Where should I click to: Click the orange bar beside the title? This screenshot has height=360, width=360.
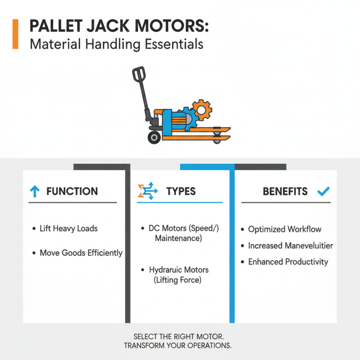(16, 34)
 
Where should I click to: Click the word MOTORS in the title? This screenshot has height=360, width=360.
(171, 27)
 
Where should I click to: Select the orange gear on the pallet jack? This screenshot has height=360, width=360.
(200, 110)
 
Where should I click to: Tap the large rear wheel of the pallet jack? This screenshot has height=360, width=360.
(154, 137)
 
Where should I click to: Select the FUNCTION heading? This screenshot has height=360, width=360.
(72, 192)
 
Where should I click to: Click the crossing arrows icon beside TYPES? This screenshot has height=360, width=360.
(147, 192)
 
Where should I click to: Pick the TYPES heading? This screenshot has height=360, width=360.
(181, 192)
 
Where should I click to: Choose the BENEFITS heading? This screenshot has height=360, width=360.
(285, 192)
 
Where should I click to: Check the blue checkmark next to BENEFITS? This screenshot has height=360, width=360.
(323, 192)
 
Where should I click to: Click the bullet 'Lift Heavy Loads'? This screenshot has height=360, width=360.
(68, 229)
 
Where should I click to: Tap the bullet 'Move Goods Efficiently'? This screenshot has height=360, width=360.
(81, 253)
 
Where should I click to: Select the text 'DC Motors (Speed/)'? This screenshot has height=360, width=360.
(184, 228)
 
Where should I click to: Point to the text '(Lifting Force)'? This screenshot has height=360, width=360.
(179, 280)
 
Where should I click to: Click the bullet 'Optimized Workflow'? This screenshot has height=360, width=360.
(284, 229)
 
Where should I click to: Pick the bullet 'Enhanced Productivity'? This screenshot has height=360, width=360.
(288, 261)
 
